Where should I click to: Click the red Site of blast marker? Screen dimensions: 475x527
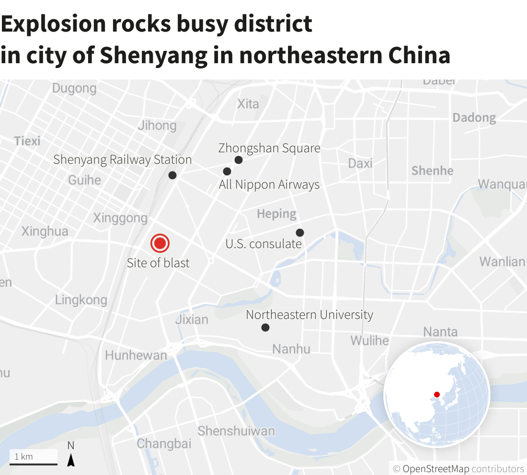point(160,244)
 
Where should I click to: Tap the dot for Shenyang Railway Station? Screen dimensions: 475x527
point(172,175)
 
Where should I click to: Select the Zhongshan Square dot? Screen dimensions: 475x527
point(239,160)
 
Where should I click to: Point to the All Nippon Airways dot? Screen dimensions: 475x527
point(227,171)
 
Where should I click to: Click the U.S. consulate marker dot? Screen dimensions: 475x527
point(300,233)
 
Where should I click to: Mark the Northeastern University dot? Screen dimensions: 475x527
point(265,328)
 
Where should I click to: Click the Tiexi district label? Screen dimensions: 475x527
point(27,141)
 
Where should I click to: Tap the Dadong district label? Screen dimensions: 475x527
point(474,118)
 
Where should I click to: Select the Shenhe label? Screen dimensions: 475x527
point(432,171)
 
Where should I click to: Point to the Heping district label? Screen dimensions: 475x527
point(277,214)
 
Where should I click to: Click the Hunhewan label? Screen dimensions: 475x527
point(136,355)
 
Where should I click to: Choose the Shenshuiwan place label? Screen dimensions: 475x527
point(236,431)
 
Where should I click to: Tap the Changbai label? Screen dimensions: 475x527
point(164,444)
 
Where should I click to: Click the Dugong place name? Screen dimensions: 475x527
point(74,89)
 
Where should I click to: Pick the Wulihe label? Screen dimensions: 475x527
point(369,341)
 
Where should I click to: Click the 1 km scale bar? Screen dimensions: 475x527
point(34,463)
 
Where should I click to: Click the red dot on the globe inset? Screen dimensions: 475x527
point(436,395)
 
